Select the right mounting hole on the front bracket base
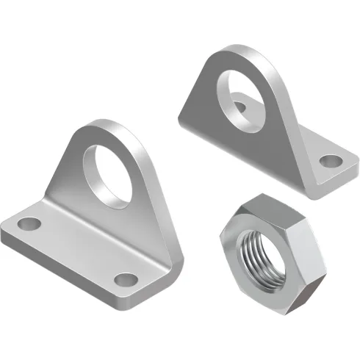point(127,280)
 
